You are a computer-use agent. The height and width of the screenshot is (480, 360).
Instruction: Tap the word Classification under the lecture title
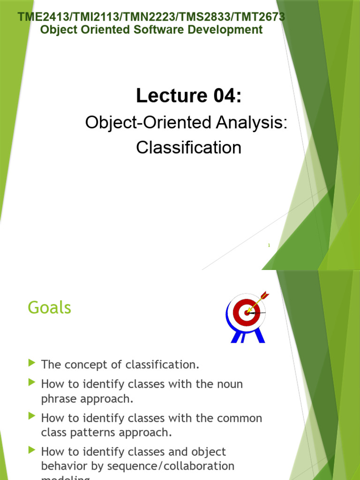point(188,148)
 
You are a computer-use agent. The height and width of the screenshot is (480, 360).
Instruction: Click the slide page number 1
point(269,245)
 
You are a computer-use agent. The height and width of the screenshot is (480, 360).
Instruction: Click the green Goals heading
point(49,308)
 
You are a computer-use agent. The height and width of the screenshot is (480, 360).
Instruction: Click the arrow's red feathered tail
point(265,295)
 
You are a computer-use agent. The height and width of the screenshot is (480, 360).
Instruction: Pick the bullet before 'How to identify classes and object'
point(32,451)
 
